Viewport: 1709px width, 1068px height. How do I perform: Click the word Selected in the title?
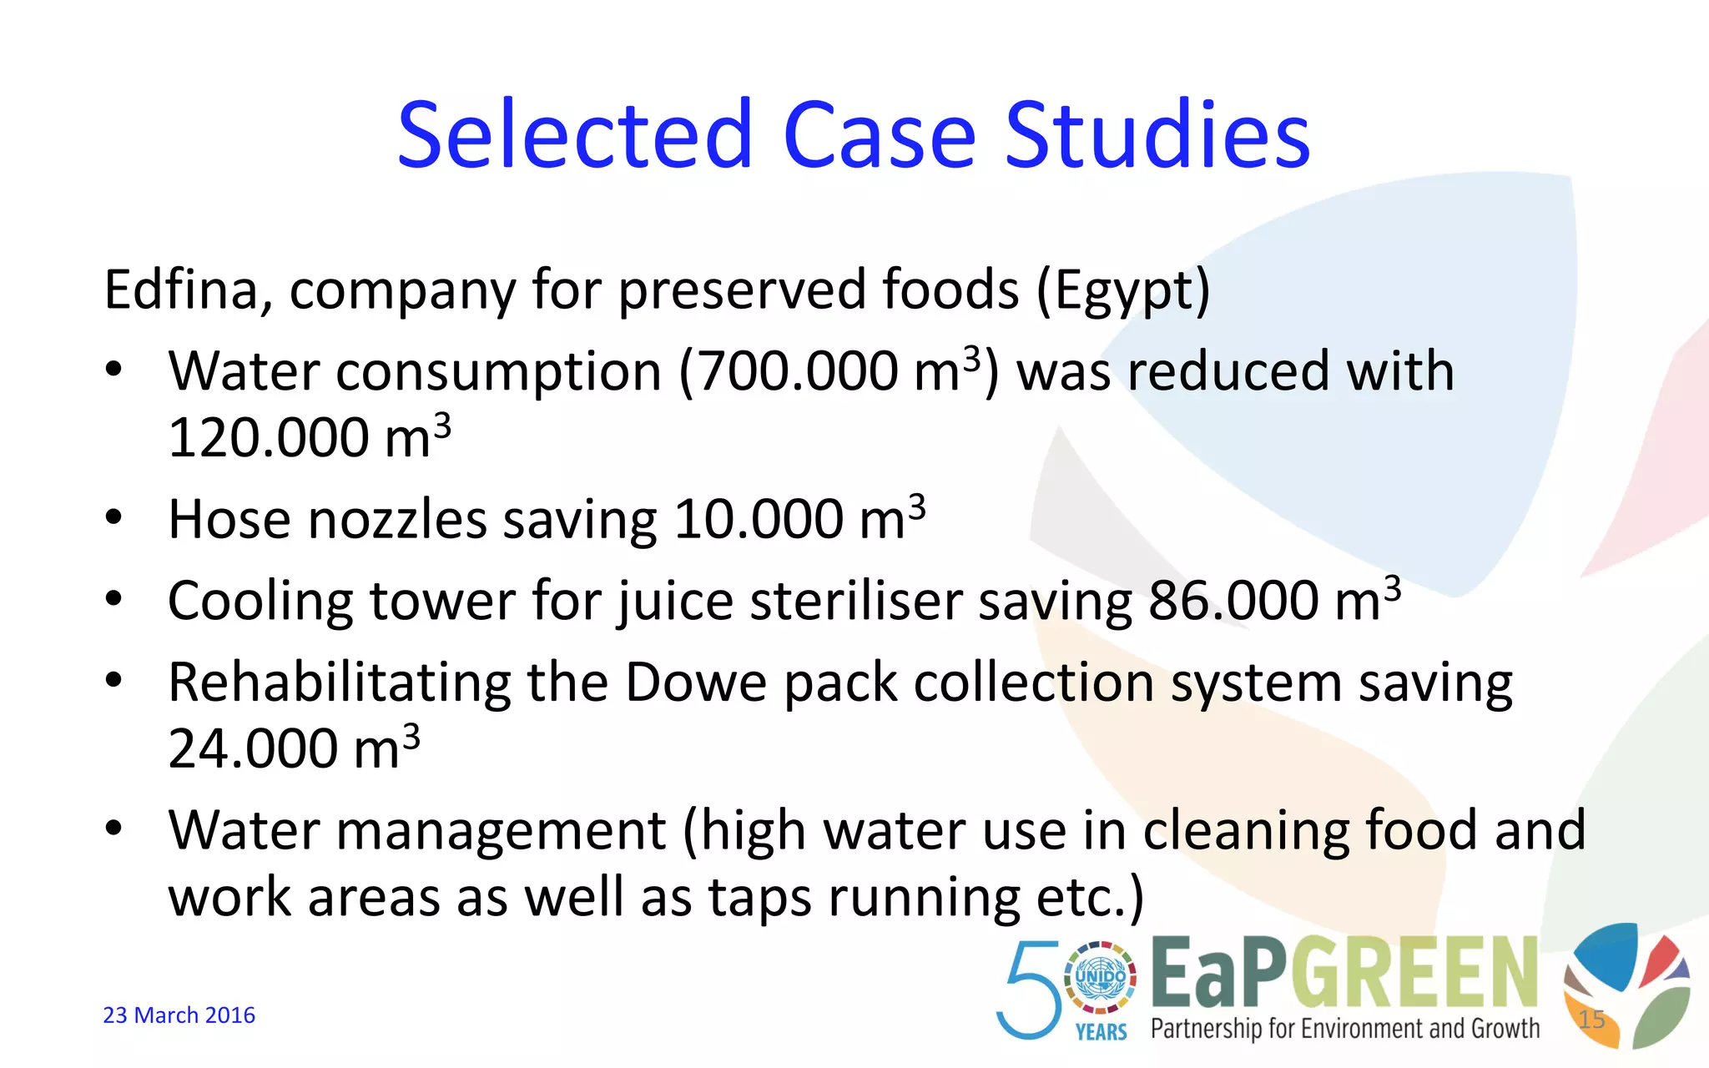[x=575, y=135]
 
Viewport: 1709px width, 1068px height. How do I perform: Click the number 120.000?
[x=268, y=438]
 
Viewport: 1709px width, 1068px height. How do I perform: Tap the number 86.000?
[x=1233, y=601]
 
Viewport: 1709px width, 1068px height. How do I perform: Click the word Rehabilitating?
[x=340, y=683]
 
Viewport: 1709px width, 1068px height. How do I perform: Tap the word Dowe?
[x=696, y=683]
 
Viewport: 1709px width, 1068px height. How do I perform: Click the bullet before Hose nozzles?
[x=114, y=517]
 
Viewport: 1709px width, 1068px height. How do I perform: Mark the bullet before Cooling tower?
[x=114, y=598]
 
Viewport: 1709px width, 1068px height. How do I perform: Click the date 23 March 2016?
[x=179, y=1015]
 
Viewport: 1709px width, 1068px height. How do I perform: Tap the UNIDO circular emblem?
[x=1101, y=977]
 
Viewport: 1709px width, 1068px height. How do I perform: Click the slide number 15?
[x=1591, y=1019]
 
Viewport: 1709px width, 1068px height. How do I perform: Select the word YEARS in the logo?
[x=1101, y=1033]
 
